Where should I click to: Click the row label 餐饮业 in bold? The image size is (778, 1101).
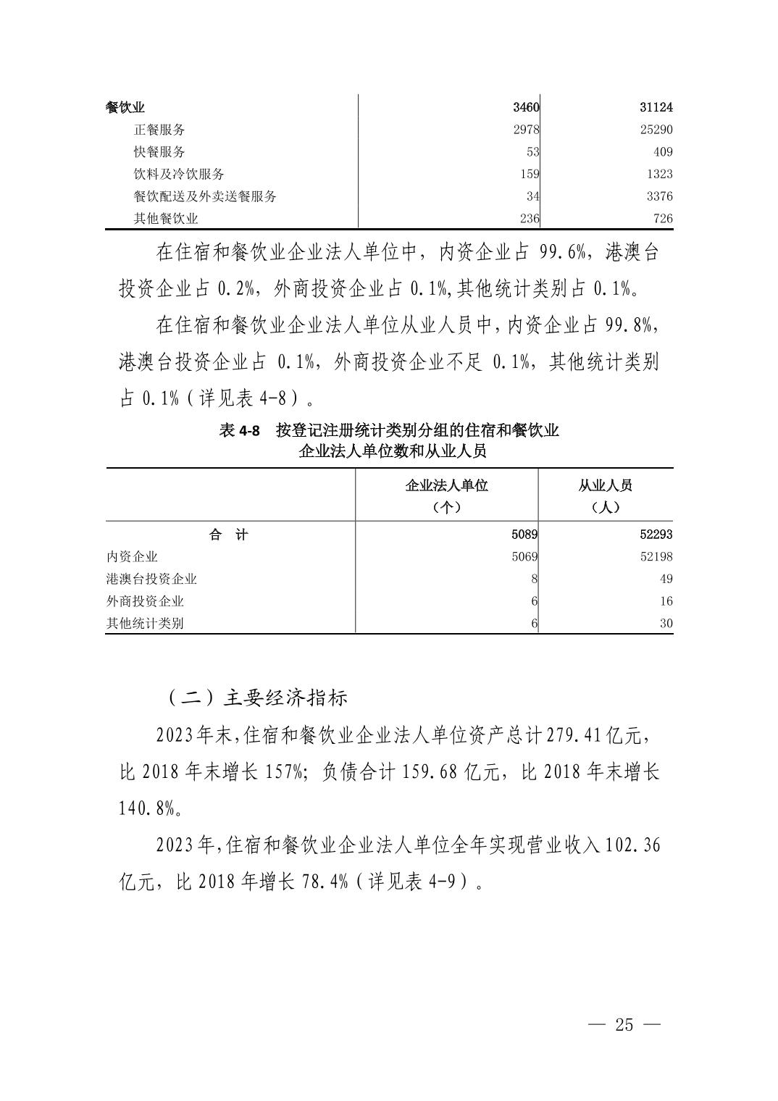(125, 107)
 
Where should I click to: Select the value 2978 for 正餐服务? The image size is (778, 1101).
(525, 130)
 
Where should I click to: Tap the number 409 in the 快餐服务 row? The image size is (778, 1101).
(661, 152)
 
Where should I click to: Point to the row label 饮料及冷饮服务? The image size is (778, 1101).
(179, 174)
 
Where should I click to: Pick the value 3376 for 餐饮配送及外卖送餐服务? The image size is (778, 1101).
(658, 196)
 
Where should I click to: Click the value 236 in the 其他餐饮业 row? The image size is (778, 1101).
(529, 219)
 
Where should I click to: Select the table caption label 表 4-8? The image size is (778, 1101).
(239, 431)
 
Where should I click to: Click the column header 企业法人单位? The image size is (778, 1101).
(446, 485)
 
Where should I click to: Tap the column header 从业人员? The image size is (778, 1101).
(606, 485)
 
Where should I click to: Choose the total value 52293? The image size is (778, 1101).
(656, 535)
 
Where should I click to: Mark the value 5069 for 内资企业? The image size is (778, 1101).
(524, 557)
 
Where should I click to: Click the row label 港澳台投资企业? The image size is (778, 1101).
(151, 579)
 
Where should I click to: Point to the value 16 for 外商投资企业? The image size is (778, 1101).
(666, 601)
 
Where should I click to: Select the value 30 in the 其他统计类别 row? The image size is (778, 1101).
(666, 624)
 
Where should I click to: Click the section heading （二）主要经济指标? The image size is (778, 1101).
(258, 697)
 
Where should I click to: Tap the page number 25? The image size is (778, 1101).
(624, 1025)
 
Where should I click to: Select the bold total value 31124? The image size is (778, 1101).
(656, 107)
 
